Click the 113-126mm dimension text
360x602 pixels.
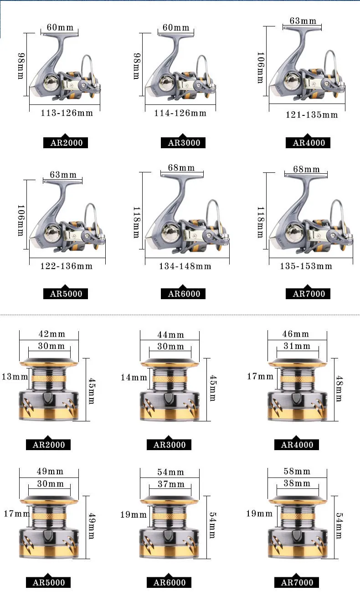click(x=67, y=113)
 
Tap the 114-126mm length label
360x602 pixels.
click(x=180, y=113)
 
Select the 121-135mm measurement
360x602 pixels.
click(x=311, y=115)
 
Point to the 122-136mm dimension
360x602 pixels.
click(x=67, y=266)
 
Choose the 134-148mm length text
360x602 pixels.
click(x=185, y=266)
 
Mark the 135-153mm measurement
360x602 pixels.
click(x=306, y=266)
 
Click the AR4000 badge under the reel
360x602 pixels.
click(x=308, y=142)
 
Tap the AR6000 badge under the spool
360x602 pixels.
click(x=169, y=582)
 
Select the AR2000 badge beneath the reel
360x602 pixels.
click(x=66, y=142)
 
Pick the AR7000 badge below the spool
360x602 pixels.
click(x=297, y=582)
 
